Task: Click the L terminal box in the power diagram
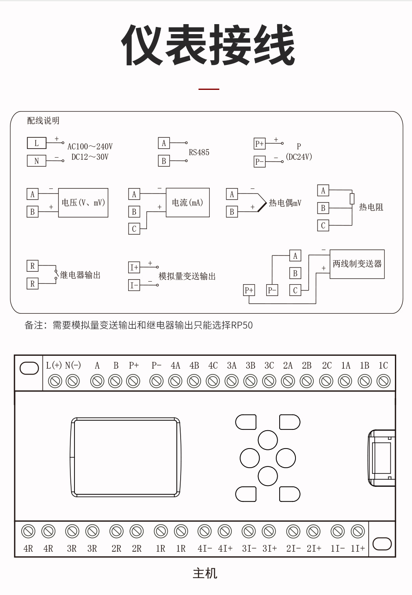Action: pyautogui.click(x=37, y=143)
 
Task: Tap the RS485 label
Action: pyautogui.click(x=199, y=152)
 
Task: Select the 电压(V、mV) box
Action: pyautogui.click(x=83, y=203)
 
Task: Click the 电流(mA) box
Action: pyautogui.click(x=188, y=203)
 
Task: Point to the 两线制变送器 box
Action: pyautogui.click(x=357, y=264)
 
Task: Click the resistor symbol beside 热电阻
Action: pyautogui.click(x=352, y=199)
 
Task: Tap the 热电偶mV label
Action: pyautogui.click(x=285, y=203)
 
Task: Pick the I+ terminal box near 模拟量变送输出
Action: pyautogui.click(x=134, y=267)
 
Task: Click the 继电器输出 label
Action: pyautogui.click(x=80, y=275)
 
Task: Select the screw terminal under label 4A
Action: pyautogui.click(x=175, y=381)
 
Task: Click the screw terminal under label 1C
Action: pyautogui.click(x=384, y=381)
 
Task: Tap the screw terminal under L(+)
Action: pyautogui.click(x=55, y=381)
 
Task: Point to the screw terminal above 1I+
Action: pyautogui.click(x=357, y=531)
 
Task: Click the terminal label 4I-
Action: pyautogui.click(x=205, y=548)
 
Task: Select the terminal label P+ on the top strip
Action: pyautogui.click(x=134, y=365)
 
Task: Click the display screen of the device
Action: pyautogui.click(x=125, y=457)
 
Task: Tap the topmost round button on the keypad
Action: pyautogui.click(x=268, y=440)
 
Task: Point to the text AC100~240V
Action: pyautogui.click(x=90, y=146)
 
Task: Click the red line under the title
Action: pyautogui.click(x=209, y=89)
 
